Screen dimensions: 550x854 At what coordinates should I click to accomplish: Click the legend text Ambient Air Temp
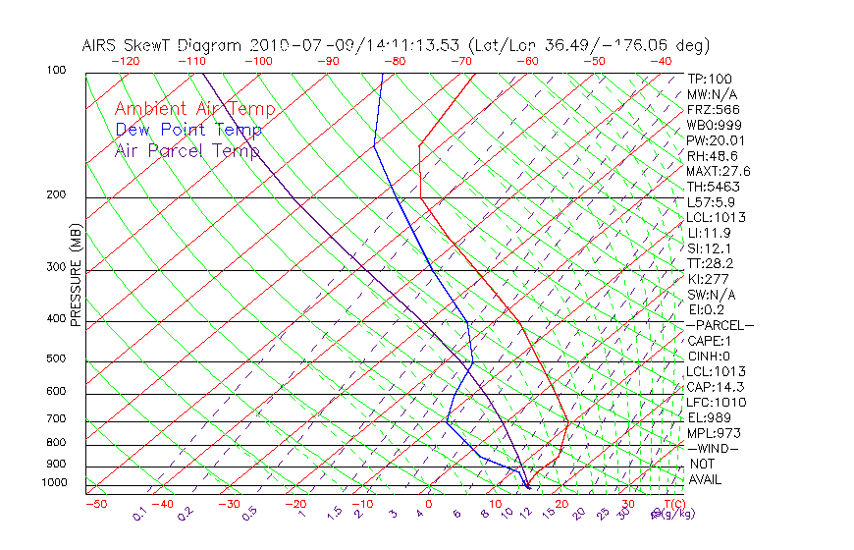pyautogui.click(x=194, y=109)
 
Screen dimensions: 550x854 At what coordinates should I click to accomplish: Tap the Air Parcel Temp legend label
pyautogui.click(x=187, y=150)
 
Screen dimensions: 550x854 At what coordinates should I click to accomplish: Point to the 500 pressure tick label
pyautogui.click(x=55, y=358)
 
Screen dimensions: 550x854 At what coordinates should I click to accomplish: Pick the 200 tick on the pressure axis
pyautogui.click(x=55, y=194)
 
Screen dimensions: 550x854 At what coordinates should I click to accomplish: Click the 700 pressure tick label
pyautogui.click(x=55, y=419)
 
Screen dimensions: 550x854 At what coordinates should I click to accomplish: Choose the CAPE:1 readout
pyautogui.click(x=709, y=341)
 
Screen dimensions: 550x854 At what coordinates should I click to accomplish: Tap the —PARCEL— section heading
pyautogui.click(x=721, y=325)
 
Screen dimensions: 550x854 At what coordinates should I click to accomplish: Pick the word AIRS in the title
pyautogui.click(x=102, y=45)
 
